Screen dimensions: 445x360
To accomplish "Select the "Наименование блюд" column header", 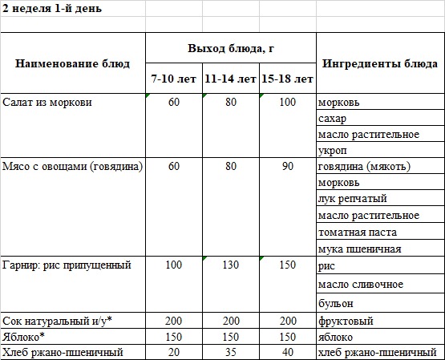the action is (x=73, y=63).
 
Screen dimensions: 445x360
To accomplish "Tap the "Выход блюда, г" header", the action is (x=231, y=48).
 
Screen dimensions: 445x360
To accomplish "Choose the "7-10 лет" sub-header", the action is (x=174, y=79).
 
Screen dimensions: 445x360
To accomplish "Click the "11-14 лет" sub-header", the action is (x=230, y=79).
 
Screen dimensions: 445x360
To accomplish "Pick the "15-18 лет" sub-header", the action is (x=287, y=79).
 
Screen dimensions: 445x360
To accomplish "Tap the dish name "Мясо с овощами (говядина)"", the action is (x=73, y=167).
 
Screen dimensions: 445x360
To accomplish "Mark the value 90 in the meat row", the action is (x=287, y=167).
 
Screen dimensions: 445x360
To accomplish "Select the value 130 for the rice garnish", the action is (x=231, y=264).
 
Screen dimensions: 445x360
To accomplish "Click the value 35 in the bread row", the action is (x=231, y=351).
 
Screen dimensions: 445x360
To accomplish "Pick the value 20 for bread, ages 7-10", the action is (x=174, y=351).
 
